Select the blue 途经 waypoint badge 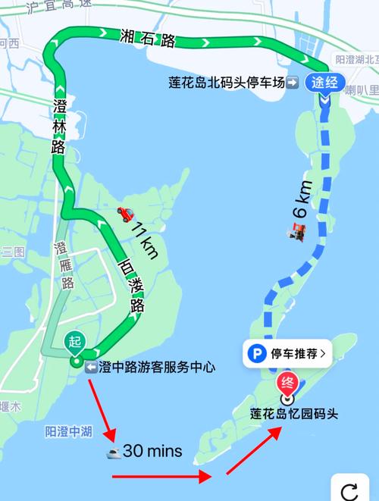[x=327, y=83]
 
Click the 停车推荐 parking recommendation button [x=288, y=352]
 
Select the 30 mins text [x=152, y=451]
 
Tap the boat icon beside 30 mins [x=114, y=452]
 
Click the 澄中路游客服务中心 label [x=149, y=368]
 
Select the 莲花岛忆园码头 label [x=293, y=414]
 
